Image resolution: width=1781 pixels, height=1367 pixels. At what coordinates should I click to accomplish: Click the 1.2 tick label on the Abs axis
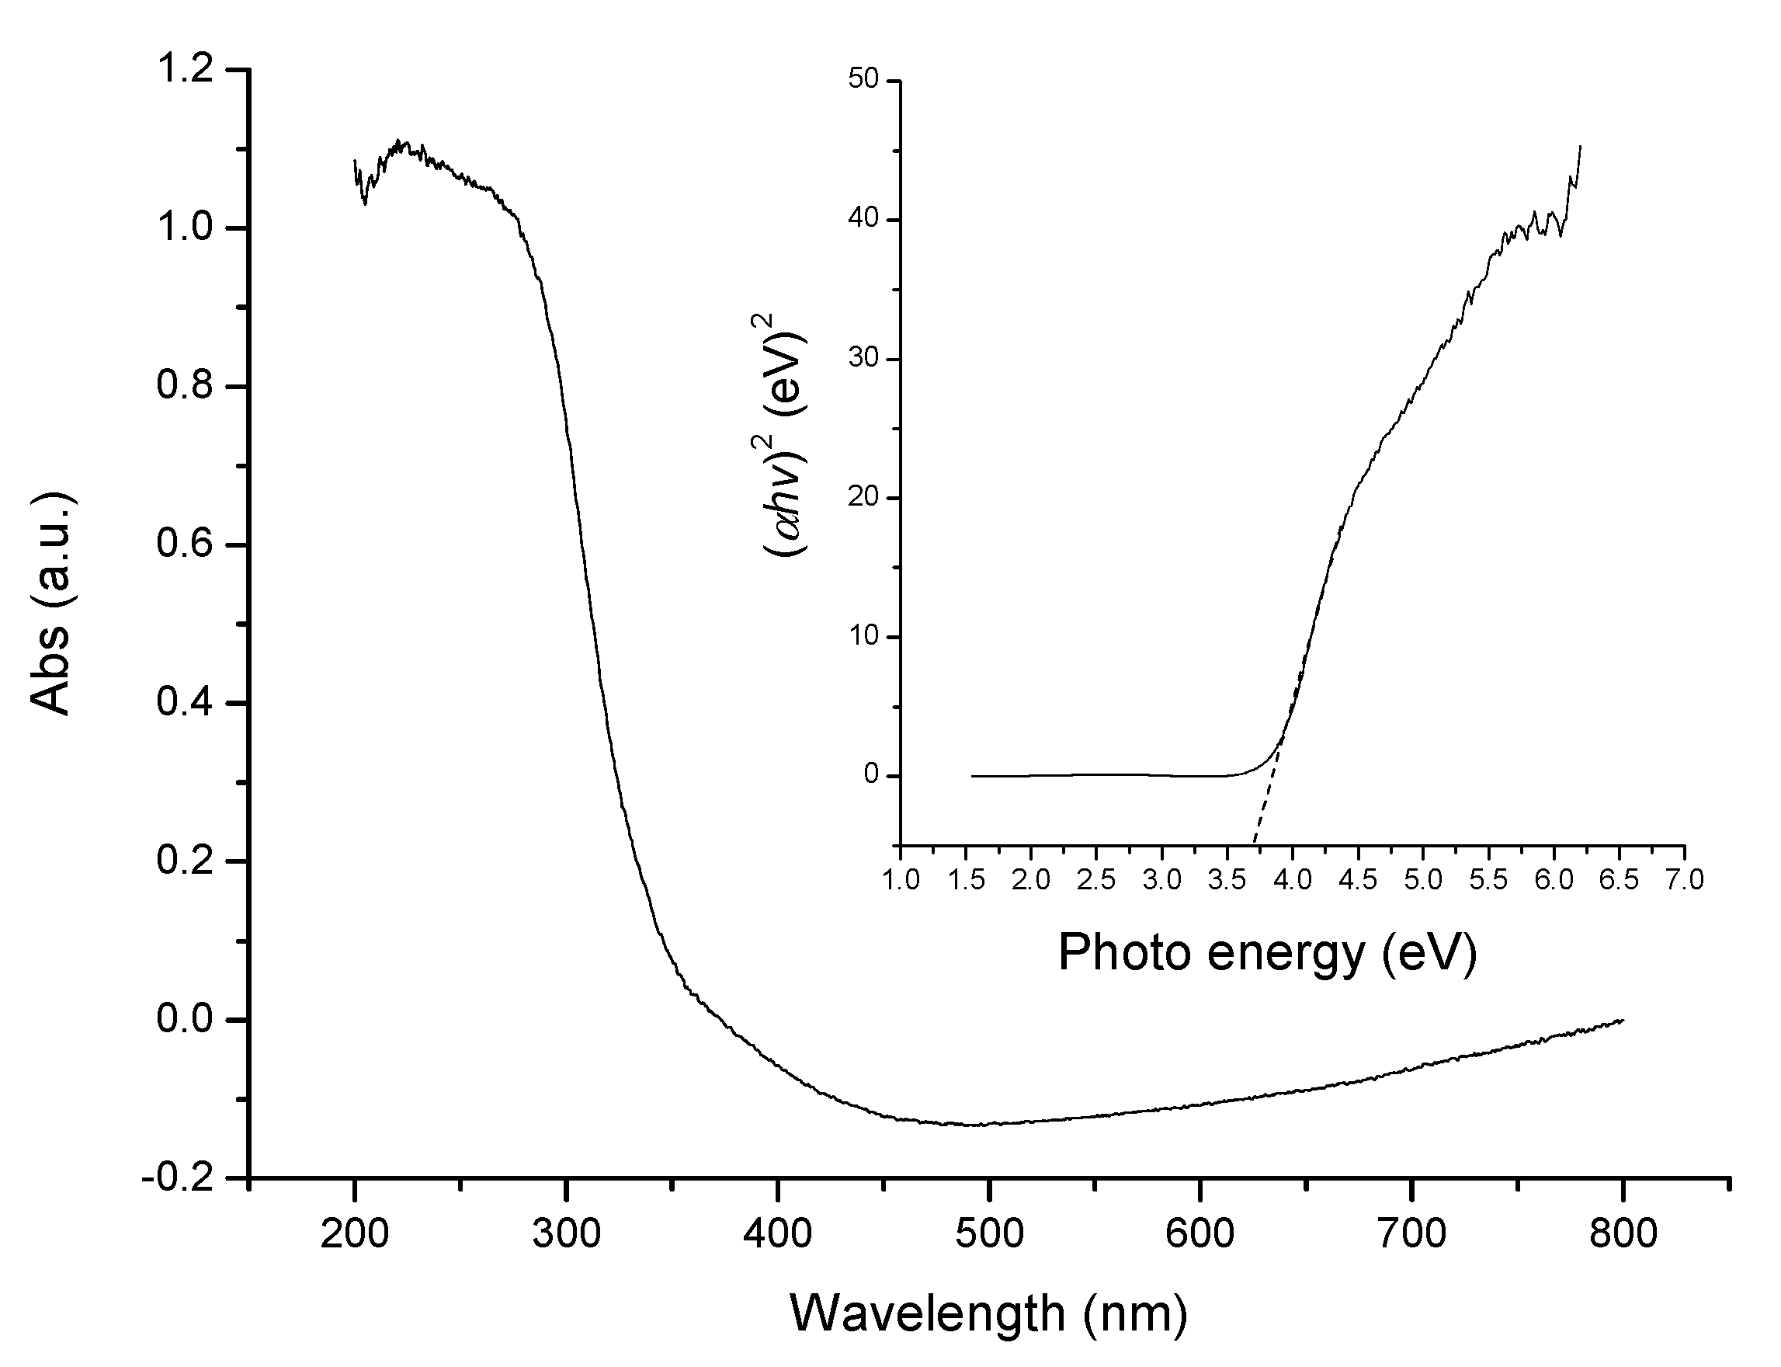click(x=186, y=70)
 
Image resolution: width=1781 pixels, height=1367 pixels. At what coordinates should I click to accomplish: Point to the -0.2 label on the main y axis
click(x=179, y=1179)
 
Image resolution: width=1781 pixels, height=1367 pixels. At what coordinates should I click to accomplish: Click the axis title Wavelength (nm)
click(x=988, y=1313)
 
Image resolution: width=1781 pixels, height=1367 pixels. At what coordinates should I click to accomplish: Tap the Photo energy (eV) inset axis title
click(x=1267, y=952)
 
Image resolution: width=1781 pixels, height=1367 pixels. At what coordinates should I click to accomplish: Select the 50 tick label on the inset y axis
click(x=863, y=80)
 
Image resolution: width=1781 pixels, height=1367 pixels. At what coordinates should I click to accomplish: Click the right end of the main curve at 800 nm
click(x=1623, y=1021)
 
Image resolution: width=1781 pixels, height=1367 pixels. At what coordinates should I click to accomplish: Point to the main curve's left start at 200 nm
click(x=356, y=161)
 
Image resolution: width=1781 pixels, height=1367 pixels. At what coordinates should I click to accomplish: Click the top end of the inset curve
click(x=1579, y=148)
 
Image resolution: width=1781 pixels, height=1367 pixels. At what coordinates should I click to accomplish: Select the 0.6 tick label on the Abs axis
click(x=186, y=544)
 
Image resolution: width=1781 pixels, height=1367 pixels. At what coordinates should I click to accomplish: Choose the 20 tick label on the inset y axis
click(x=863, y=497)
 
